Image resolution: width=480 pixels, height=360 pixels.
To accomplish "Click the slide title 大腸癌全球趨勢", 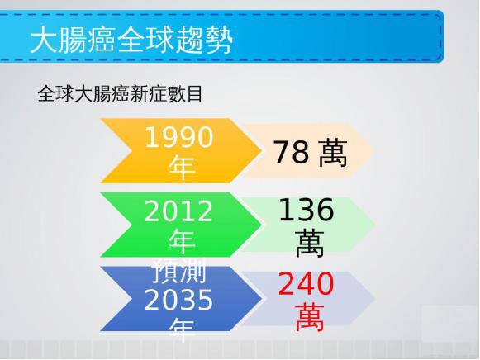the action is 131,40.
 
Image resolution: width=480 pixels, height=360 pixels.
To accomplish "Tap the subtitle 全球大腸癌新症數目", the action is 120,93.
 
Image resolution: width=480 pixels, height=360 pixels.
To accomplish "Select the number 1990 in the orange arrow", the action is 178,137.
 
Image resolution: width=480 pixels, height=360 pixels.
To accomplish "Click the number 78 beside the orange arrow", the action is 291,152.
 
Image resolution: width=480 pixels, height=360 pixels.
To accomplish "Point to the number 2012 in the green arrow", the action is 178,211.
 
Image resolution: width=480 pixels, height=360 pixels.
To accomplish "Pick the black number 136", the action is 307,210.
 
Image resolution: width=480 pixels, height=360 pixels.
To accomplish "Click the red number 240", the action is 307,284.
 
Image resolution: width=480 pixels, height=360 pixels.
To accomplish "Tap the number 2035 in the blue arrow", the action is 178,300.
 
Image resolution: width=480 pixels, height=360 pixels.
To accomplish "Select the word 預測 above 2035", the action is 179,271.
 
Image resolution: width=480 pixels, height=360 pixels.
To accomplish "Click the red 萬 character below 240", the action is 310,318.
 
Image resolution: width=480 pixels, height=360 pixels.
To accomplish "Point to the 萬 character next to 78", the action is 333,153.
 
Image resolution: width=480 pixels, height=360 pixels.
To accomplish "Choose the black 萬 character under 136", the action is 310,244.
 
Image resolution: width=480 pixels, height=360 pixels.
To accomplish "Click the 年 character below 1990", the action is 182,168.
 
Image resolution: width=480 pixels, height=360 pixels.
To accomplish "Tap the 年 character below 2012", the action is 182,241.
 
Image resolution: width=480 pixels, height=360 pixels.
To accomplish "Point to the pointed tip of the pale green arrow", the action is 375,225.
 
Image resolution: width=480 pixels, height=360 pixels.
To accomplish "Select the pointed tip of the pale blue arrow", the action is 375,299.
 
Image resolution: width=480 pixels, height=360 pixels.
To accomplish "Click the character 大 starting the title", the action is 43,40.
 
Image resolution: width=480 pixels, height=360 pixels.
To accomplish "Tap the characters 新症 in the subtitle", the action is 148,93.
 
